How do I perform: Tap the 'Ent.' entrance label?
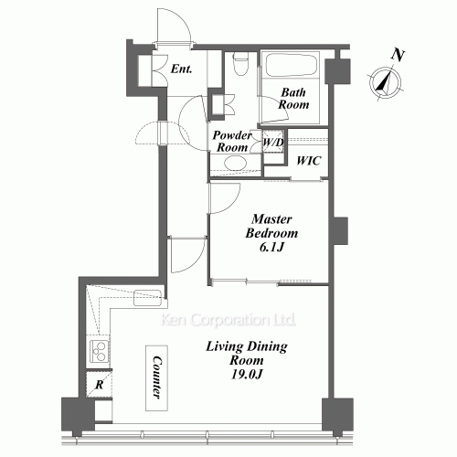click(x=181, y=69)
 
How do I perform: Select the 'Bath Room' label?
click(x=294, y=98)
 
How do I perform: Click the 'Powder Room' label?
click(x=232, y=140)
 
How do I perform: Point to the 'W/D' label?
click(x=272, y=143)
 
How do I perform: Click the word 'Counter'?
click(x=157, y=375)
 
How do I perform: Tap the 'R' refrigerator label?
click(x=96, y=385)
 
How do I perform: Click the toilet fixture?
click(x=239, y=64)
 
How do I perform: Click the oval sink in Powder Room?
click(x=235, y=165)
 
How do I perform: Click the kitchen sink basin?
click(x=146, y=297)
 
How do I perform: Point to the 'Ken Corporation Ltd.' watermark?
click(x=228, y=321)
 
